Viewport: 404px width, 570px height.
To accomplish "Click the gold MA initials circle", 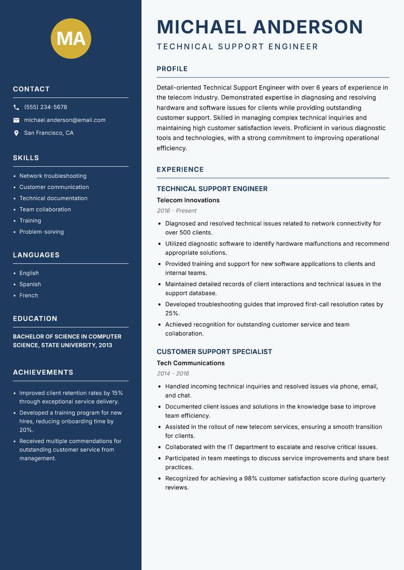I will [71, 38].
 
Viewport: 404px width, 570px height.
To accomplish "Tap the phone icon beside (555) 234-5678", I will [17, 107].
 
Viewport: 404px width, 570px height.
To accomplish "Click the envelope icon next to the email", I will [17, 120].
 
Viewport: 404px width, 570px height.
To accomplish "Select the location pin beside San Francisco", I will [17, 133].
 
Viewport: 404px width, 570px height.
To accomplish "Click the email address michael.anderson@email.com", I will [65, 120].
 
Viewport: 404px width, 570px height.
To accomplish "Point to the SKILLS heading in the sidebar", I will [26, 158].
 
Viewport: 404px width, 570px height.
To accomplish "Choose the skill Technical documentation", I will [53, 198].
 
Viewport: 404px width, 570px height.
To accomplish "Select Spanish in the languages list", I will [30, 284].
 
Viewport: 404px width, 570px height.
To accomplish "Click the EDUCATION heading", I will [35, 319].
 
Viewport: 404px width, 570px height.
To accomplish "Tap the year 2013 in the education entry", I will [105, 345].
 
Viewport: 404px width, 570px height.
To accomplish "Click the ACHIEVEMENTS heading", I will [43, 372].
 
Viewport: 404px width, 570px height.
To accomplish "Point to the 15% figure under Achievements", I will [117, 392].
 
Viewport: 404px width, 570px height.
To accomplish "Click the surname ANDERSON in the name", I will [308, 27].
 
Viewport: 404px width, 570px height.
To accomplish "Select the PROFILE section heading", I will [172, 69].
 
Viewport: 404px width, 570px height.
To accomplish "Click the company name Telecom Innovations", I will [188, 200].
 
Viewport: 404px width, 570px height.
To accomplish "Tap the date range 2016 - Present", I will [176, 211].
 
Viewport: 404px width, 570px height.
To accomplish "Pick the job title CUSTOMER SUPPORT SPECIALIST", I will [214, 352].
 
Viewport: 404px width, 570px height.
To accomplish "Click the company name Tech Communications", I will [190, 363].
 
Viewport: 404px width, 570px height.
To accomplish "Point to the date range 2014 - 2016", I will [173, 374].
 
